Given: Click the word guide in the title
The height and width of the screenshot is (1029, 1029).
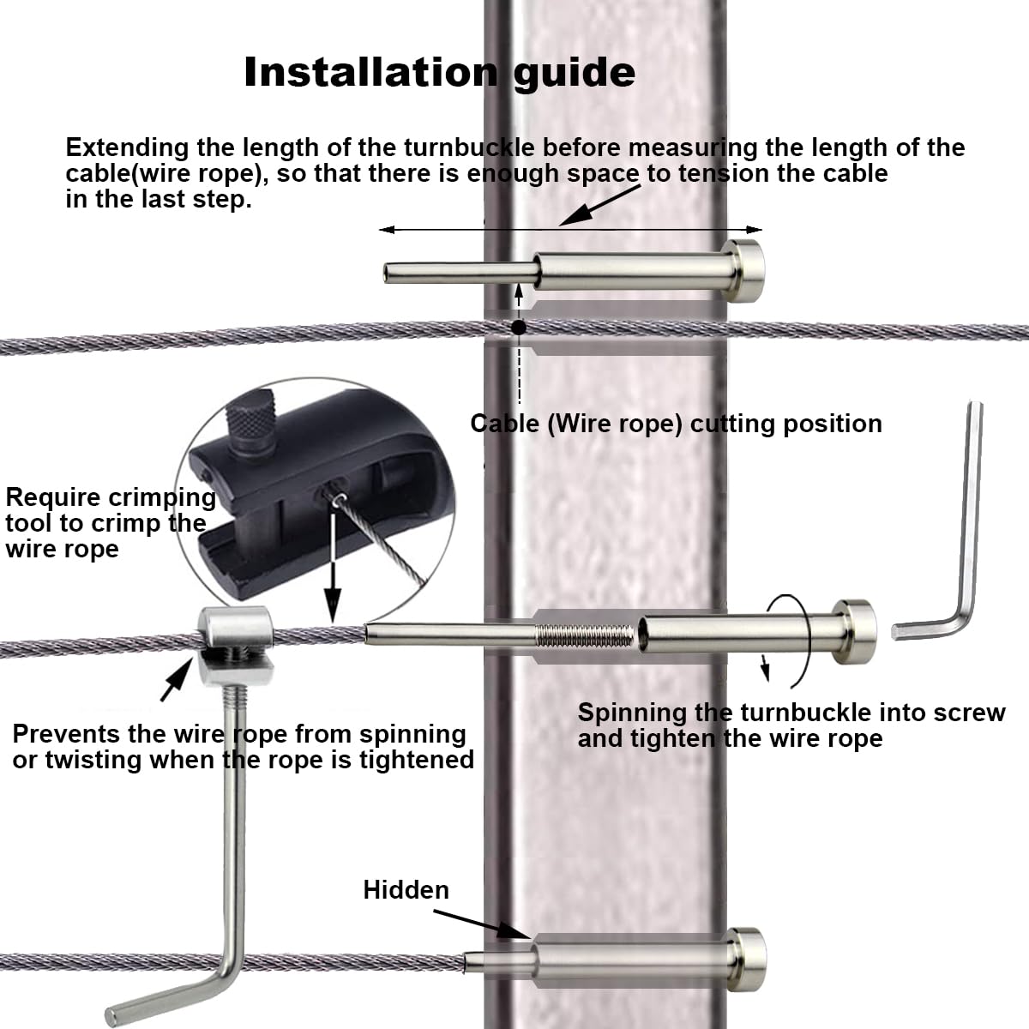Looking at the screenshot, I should tap(575, 74).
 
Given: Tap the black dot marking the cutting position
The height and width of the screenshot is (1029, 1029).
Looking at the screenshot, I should tap(518, 328).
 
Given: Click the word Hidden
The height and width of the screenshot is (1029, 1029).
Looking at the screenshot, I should tap(406, 890).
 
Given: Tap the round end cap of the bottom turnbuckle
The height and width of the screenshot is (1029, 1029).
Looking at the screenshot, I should tap(746, 959).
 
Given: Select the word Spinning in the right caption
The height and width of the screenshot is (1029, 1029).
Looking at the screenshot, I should tap(631, 713).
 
